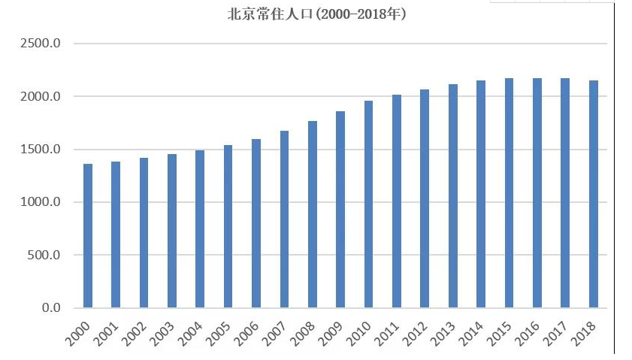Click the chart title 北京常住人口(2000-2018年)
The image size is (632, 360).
(x=316, y=14)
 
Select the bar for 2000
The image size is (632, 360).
(x=88, y=236)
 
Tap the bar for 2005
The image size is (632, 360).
(x=228, y=226)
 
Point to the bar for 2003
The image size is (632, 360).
(x=172, y=231)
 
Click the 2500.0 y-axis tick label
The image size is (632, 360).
(x=39, y=44)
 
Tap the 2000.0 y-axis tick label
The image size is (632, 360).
(x=39, y=96)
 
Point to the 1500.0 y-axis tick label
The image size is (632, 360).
(x=39, y=150)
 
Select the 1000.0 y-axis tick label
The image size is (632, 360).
(x=39, y=202)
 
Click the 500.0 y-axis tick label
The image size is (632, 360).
(x=43, y=255)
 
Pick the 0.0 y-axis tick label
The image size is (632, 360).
(x=50, y=307)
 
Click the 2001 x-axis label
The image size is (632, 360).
(x=107, y=334)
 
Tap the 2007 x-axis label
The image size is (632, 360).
(x=276, y=334)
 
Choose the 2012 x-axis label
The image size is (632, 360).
(x=416, y=334)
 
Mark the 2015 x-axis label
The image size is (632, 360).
(x=500, y=334)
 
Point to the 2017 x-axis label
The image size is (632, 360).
(x=557, y=334)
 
